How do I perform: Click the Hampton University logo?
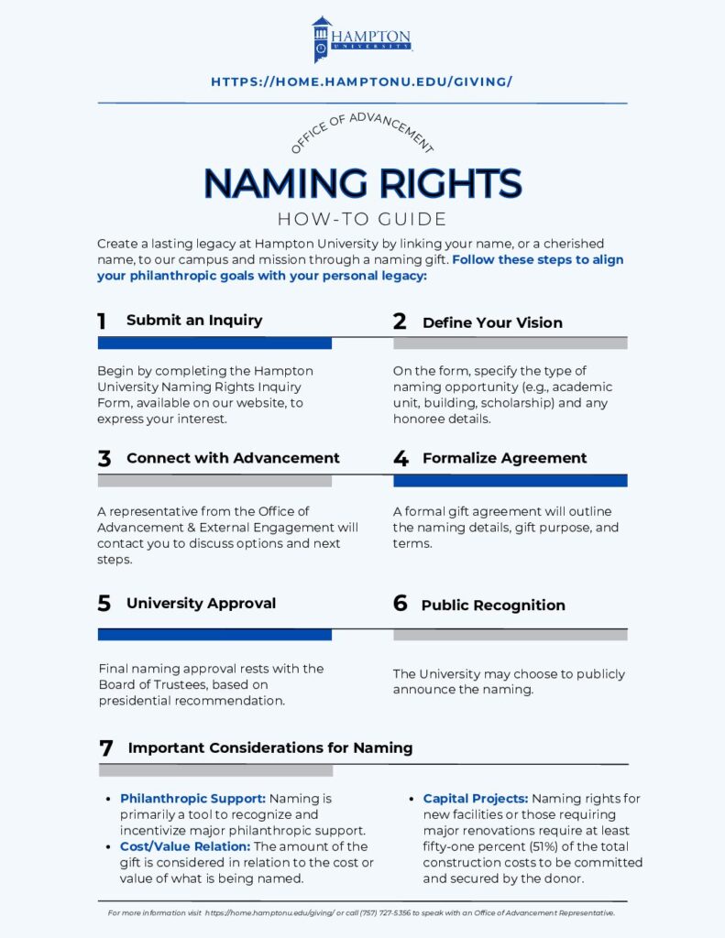pyautogui.click(x=361, y=39)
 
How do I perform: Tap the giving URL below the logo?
pyautogui.click(x=361, y=82)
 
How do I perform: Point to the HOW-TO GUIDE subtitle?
pyautogui.click(x=362, y=220)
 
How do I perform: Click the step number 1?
pyautogui.click(x=102, y=321)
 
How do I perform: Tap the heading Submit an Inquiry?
pyautogui.click(x=194, y=321)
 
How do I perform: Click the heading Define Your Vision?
pyautogui.click(x=492, y=322)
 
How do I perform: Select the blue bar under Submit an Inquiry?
pyautogui.click(x=214, y=343)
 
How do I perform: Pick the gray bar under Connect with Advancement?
pyautogui.click(x=214, y=481)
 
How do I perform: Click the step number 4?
pyautogui.click(x=401, y=459)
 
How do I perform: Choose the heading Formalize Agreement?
pyautogui.click(x=504, y=458)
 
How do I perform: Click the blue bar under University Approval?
pyautogui.click(x=214, y=634)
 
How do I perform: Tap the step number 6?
pyautogui.click(x=400, y=605)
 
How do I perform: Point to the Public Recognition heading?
pyautogui.click(x=493, y=605)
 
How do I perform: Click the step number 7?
pyautogui.click(x=105, y=748)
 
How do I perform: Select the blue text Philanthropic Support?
pyautogui.click(x=192, y=799)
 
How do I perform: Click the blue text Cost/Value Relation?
pyautogui.click(x=185, y=846)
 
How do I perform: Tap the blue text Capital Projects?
pyautogui.click(x=475, y=799)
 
